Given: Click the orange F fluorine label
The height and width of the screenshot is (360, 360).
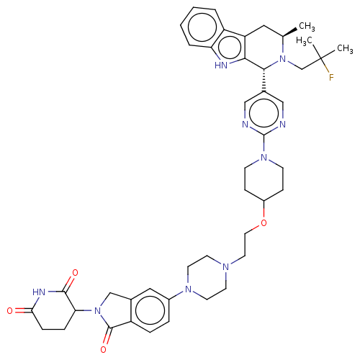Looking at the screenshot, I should point(331,78).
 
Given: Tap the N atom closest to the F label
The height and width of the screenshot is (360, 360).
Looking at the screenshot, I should point(283,63).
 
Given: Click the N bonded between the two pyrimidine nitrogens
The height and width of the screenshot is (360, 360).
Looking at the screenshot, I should point(264,158).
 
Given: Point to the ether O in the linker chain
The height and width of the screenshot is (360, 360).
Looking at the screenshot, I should point(264,223).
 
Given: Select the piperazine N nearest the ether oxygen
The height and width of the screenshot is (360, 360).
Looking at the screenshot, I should point(226,268).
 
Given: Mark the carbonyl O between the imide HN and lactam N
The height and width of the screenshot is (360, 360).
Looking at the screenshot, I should point(72,274).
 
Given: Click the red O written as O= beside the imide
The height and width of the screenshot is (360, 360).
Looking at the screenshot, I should point(11,311).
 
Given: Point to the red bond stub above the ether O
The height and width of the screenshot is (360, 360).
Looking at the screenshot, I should point(264,214).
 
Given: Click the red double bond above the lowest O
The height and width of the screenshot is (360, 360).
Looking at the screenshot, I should point(105,340).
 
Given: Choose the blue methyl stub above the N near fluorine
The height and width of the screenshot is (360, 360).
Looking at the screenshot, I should point(283,52).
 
